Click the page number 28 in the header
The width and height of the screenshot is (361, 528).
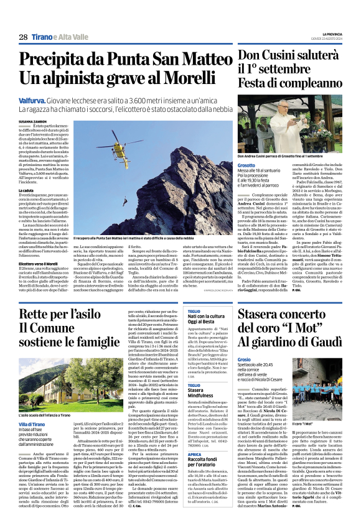22,37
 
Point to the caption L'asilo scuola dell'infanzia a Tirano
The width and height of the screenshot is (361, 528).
50,397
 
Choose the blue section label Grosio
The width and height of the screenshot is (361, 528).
244,360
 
